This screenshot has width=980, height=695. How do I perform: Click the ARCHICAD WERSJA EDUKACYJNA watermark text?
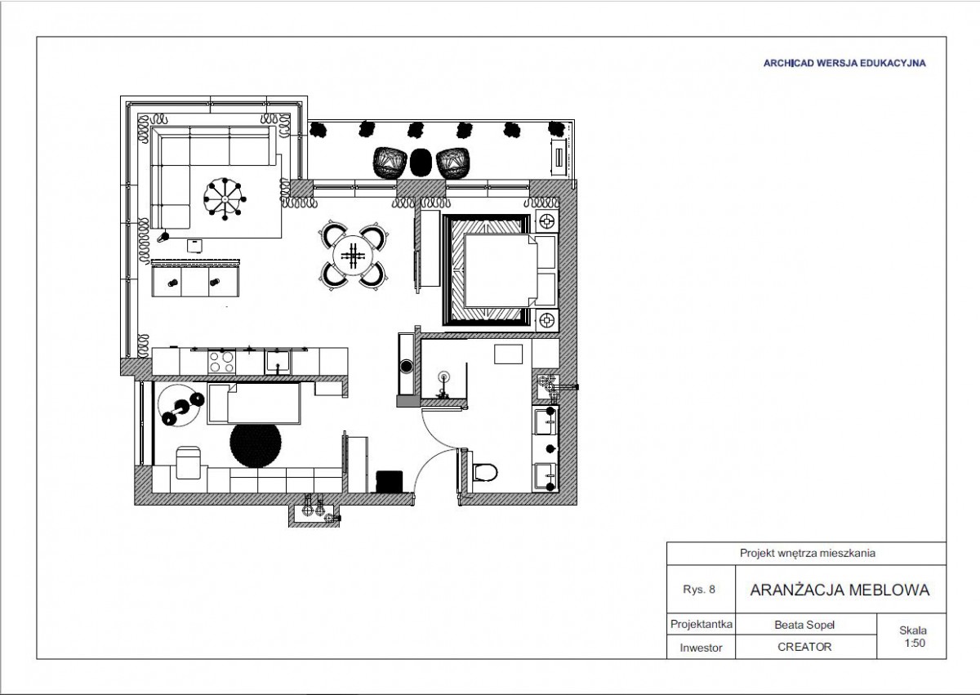[x=844, y=63]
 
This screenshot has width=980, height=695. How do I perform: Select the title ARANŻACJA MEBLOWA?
[x=840, y=590]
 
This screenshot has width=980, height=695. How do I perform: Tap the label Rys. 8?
[x=699, y=590]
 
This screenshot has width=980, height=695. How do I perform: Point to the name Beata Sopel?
[x=804, y=625]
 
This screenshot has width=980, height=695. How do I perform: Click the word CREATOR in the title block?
[x=804, y=647]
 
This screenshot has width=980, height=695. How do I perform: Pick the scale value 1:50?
[x=915, y=643]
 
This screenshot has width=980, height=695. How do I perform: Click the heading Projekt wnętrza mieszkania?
[x=807, y=553]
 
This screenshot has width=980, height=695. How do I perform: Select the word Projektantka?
[x=702, y=625]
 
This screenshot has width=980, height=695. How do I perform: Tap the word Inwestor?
[x=701, y=648]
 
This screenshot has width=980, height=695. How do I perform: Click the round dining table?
[x=354, y=256]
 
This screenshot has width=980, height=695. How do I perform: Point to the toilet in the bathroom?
[x=484, y=472]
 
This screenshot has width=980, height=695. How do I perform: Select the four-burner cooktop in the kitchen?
[x=221, y=362]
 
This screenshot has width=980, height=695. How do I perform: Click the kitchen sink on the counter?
[x=278, y=362]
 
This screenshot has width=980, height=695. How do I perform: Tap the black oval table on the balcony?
[x=421, y=163]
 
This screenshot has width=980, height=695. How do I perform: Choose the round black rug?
[x=256, y=445]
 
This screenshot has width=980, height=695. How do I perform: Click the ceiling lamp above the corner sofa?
[x=225, y=199]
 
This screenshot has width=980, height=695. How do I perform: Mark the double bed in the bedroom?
[x=500, y=270]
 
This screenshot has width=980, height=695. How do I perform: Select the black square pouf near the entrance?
[x=390, y=481]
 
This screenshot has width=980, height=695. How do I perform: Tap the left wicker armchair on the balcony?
[x=390, y=163]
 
